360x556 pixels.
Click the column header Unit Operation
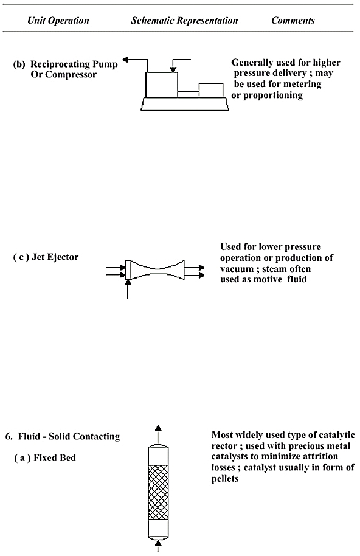(58, 21)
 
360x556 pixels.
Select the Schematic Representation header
(184, 21)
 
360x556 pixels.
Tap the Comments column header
(292, 21)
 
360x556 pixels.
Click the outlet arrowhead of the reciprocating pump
(125, 60)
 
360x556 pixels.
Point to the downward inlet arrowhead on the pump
(173, 69)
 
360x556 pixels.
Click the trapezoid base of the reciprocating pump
(185, 104)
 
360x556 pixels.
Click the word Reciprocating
(61, 64)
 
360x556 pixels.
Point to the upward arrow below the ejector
(128, 290)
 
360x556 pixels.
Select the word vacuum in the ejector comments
(237, 269)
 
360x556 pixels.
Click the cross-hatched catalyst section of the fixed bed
(158, 492)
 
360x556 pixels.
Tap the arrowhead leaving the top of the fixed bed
(158, 428)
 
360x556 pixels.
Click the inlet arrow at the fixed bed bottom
(158, 546)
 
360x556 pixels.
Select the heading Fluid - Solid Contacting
(69, 436)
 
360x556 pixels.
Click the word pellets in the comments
(225, 479)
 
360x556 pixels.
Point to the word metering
(302, 85)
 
